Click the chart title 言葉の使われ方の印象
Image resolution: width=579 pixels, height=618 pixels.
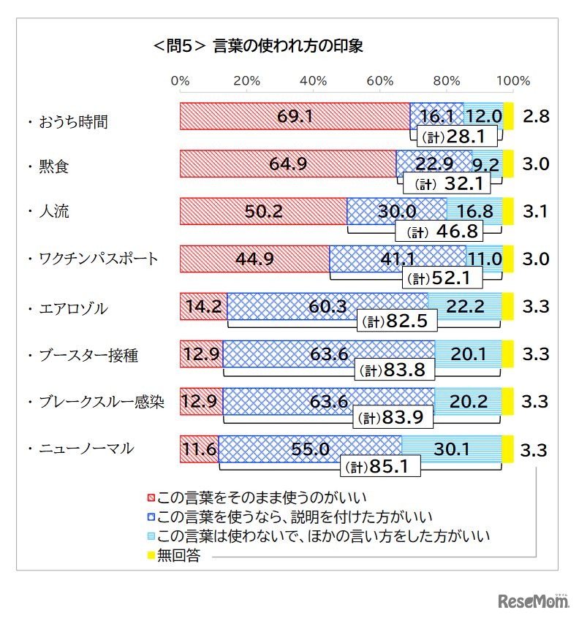(x=257, y=45)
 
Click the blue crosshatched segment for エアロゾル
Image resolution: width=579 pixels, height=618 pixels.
(x=327, y=307)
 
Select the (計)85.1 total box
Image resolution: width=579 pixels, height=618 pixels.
(x=379, y=465)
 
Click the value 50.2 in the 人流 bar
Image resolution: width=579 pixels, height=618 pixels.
(x=263, y=212)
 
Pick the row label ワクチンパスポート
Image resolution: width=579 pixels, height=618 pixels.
(x=98, y=259)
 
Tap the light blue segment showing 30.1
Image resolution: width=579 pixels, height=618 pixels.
(x=451, y=449)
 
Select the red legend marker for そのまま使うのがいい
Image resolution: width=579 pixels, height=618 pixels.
(x=152, y=498)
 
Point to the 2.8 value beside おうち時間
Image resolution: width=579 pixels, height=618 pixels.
(x=536, y=116)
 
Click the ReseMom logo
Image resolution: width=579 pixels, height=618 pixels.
(x=534, y=600)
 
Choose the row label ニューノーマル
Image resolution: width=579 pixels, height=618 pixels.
(x=86, y=449)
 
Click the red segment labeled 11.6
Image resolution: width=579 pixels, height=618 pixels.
(x=199, y=449)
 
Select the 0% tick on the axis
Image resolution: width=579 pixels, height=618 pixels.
(x=180, y=80)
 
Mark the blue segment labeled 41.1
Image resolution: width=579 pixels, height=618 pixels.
(x=397, y=259)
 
